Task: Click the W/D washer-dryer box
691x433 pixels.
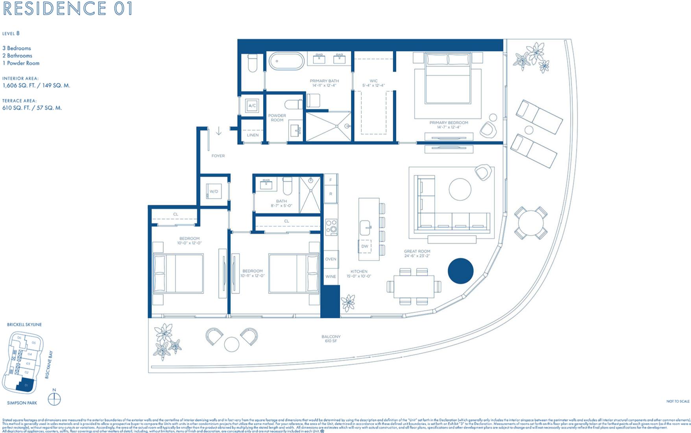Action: (x=214, y=191)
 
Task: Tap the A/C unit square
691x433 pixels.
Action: (x=252, y=105)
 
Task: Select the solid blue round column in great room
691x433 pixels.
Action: (x=460, y=271)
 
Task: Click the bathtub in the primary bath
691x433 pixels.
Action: (x=286, y=61)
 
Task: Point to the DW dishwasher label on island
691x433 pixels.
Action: (x=365, y=246)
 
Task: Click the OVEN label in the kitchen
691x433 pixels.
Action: (x=331, y=259)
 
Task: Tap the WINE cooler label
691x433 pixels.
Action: (x=331, y=276)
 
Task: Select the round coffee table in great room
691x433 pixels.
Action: (x=460, y=189)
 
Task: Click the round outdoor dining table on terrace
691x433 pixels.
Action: (x=530, y=223)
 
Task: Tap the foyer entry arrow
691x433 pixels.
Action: (x=219, y=131)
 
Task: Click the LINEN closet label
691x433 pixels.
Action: (x=253, y=135)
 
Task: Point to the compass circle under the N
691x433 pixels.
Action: (x=54, y=400)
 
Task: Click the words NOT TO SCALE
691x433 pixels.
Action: (x=678, y=401)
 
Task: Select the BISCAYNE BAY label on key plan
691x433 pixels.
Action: (x=48, y=365)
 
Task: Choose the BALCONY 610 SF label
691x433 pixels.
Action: (x=331, y=339)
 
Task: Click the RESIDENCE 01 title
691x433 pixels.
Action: (x=67, y=9)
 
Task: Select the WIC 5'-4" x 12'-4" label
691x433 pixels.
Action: (x=373, y=83)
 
